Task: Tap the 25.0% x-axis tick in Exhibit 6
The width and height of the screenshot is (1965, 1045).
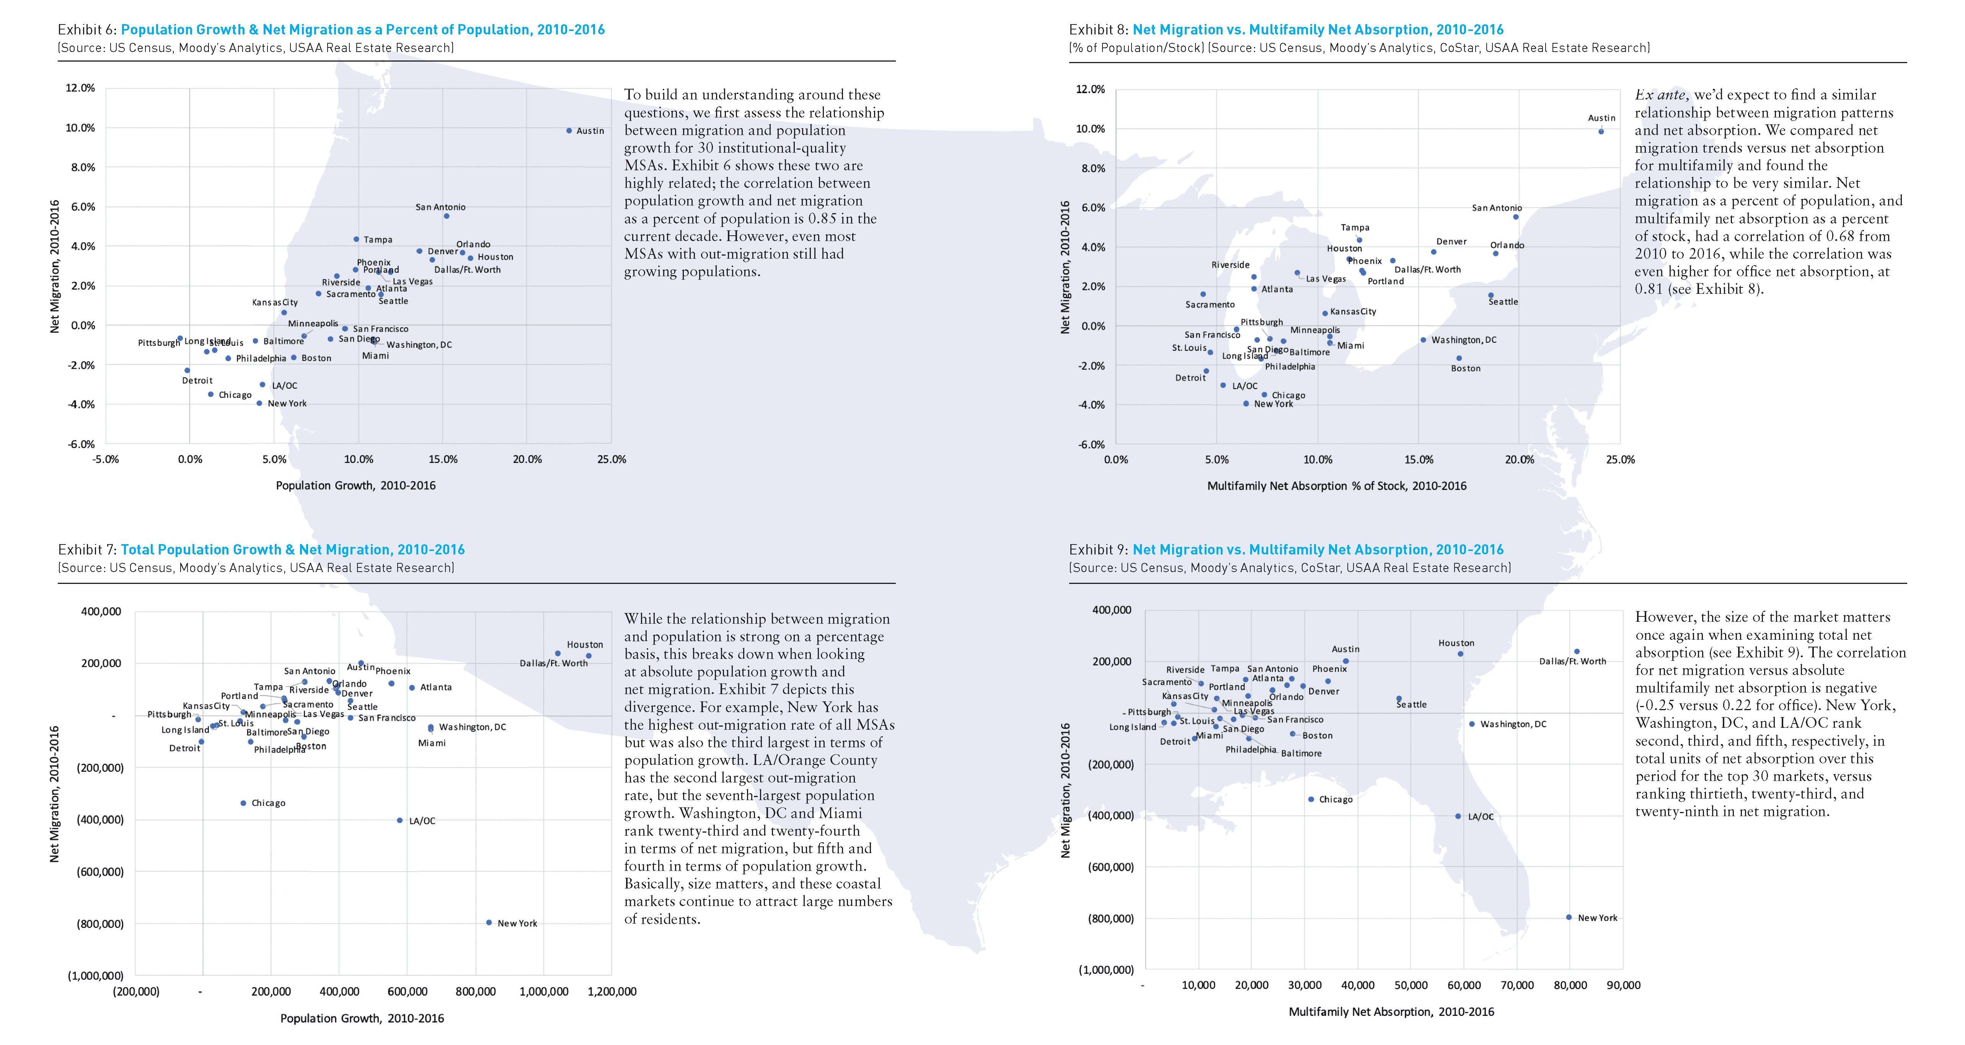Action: tap(612, 459)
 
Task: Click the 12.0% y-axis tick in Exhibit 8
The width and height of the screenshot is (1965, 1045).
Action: tap(1090, 89)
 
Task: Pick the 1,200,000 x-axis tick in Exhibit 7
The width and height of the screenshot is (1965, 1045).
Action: tap(612, 991)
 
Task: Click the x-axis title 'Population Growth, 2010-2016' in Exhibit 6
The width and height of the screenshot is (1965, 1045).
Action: tap(355, 485)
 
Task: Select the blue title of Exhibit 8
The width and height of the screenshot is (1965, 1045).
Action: tap(1318, 30)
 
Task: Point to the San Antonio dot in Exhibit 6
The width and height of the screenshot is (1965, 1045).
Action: tap(446, 216)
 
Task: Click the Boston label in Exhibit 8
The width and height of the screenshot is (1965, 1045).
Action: tap(1465, 368)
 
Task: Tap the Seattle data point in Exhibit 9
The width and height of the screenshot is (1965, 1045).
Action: tap(1398, 699)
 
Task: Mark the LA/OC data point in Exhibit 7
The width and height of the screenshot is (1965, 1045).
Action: tap(400, 821)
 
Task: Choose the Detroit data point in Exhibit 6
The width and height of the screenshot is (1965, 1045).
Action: tap(187, 371)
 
